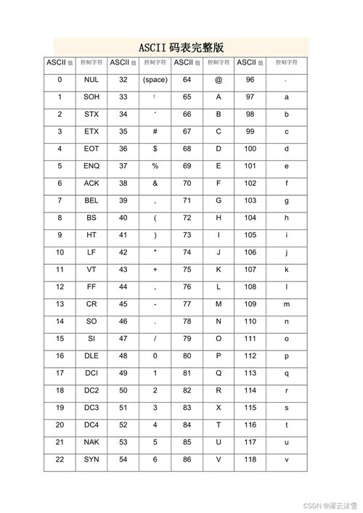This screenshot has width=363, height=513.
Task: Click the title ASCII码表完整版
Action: click(181, 47)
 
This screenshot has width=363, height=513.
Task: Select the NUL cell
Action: click(91, 80)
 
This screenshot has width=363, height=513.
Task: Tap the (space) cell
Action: click(155, 80)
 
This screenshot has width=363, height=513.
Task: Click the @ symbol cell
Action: click(219, 80)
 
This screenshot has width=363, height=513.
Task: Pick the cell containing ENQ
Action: click(91, 166)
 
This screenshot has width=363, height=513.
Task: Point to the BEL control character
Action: click(91, 200)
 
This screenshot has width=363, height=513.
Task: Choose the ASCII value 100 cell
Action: click(250, 149)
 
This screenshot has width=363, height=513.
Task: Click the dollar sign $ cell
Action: click(155, 149)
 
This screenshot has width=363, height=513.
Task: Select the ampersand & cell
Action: click(155, 184)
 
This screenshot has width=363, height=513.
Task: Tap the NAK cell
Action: click(91, 442)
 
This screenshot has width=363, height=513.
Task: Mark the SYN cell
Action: click(91, 459)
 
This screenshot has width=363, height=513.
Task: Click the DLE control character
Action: click(91, 356)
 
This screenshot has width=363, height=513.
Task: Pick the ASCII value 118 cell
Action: click(250, 459)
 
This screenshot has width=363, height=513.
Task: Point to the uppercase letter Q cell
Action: click(219, 373)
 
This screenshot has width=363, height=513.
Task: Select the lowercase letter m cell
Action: click(286, 304)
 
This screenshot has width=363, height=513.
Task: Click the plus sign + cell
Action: click(155, 269)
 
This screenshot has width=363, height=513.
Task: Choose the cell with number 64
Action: click(187, 80)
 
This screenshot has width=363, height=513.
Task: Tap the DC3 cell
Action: click(91, 408)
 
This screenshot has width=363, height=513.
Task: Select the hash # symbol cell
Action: click(155, 131)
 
